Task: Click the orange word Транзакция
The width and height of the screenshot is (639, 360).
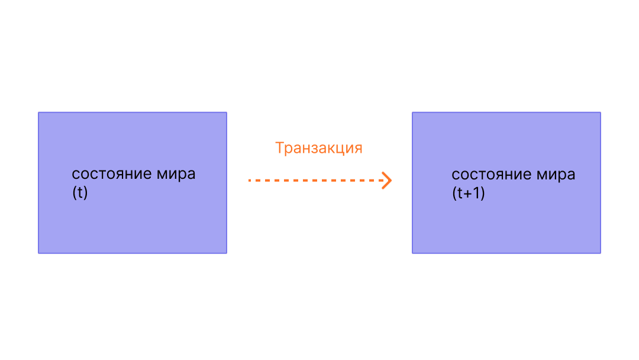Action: tap(318, 148)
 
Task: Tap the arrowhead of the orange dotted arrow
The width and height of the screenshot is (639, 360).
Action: tap(388, 180)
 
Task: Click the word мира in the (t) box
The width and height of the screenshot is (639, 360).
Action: tap(176, 175)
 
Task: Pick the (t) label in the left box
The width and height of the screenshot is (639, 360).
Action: tap(80, 193)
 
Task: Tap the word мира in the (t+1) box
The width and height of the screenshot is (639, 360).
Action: tap(556, 175)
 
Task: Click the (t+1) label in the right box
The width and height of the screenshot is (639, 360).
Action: tap(468, 193)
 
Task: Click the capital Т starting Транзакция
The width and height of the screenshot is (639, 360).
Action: tap(280, 148)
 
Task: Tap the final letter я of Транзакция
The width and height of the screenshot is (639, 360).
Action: tap(357, 148)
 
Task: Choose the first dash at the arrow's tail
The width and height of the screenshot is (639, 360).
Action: tap(250, 180)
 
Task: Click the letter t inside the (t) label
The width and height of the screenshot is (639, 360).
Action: tap(80, 193)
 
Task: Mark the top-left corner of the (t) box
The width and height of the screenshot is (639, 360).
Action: tap(39, 112)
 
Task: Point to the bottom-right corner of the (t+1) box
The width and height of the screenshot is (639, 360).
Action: tap(600, 253)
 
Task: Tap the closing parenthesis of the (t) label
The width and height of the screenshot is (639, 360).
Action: tap(85, 193)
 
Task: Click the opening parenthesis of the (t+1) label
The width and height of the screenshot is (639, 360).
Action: tap(454, 193)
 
